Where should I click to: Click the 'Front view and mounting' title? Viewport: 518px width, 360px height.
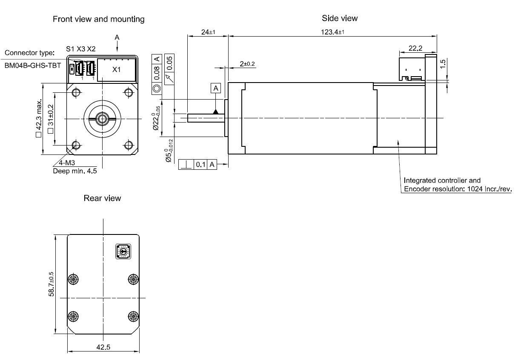(x=98, y=19)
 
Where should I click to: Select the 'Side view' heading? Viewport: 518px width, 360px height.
(x=340, y=18)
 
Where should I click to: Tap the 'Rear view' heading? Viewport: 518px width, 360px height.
(x=102, y=198)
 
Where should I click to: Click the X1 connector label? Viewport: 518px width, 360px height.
(x=116, y=69)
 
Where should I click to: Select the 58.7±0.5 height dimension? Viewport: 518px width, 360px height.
(x=52, y=284)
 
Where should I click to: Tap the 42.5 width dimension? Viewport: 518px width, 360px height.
(x=103, y=347)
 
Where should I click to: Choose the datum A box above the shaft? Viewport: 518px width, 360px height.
(x=216, y=88)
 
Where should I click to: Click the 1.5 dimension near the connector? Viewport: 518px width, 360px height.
(x=444, y=64)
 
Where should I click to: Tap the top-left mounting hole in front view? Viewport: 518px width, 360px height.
(x=76, y=93)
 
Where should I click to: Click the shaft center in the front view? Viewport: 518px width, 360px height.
(x=103, y=118)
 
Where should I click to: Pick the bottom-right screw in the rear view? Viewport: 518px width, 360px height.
(x=133, y=316)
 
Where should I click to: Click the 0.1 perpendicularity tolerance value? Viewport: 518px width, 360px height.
(x=200, y=164)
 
